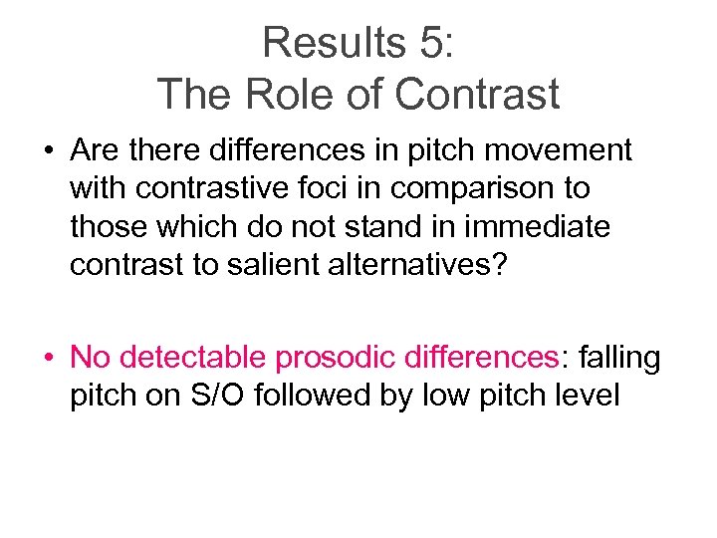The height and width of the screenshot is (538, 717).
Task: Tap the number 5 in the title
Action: (425, 43)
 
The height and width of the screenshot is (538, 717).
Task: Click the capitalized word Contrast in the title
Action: (477, 95)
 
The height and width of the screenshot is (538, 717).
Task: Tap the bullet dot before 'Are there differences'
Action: (48, 151)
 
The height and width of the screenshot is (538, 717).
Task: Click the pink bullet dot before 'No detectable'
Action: (48, 359)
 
